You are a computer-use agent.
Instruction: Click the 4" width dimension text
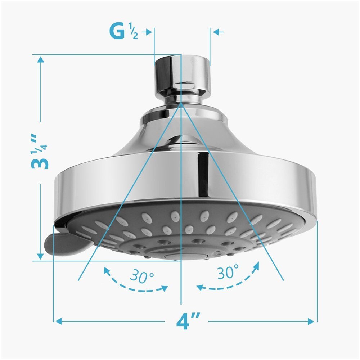coord(188,320)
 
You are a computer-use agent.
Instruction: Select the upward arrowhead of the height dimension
coord(41,60)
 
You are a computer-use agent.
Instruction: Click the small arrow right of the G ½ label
coord(147,32)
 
